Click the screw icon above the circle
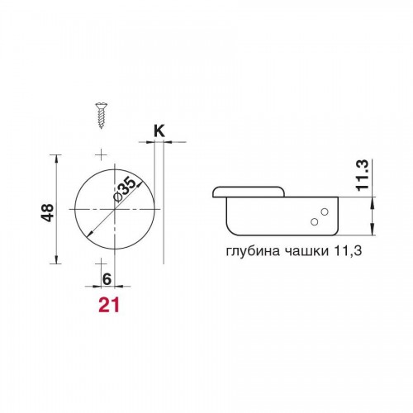click(x=102, y=116)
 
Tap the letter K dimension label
click(x=159, y=131)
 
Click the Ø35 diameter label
click(x=126, y=189)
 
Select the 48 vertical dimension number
click(x=48, y=212)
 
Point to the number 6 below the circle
click(x=107, y=279)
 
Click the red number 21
click(x=109, y=305)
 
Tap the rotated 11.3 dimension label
click(x=362, y=175)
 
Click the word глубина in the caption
click(x=253, y=251)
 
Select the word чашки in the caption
click(x=306, y=251)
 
